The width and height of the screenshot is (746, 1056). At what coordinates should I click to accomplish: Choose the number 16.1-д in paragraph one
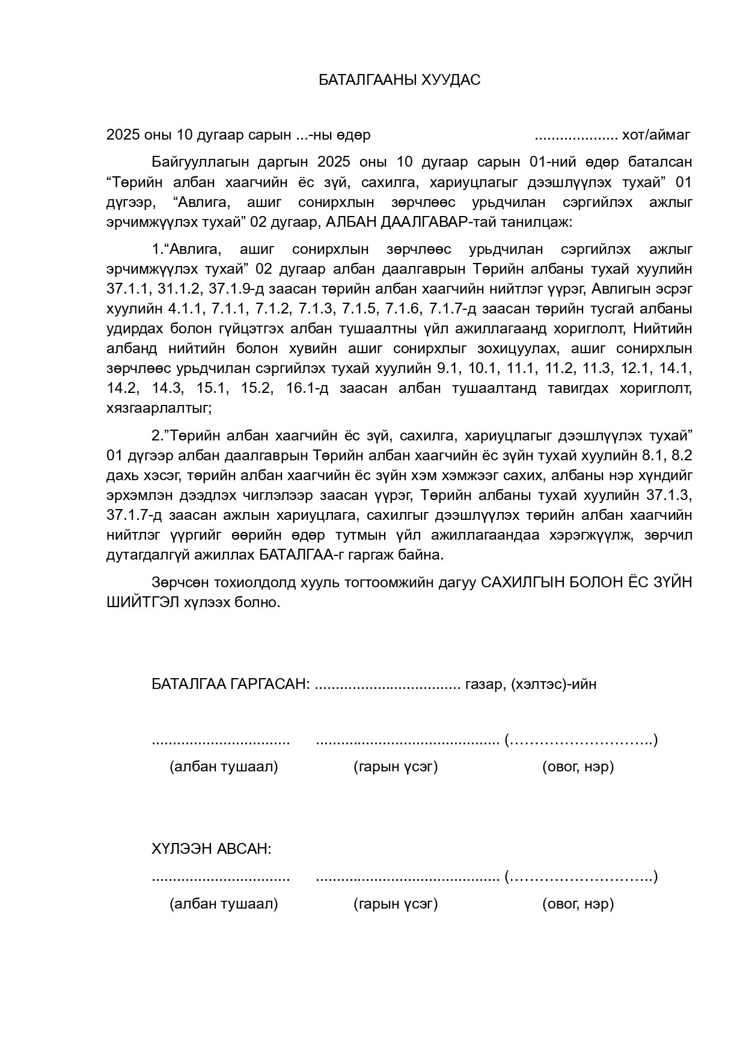coord(307,388)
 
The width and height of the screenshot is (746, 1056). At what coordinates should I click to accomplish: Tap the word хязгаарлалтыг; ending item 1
coord(159,409)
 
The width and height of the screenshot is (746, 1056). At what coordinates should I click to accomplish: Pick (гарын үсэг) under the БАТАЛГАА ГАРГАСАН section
coord(396,767)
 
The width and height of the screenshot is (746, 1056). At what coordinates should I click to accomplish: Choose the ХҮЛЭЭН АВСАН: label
coord(211,849)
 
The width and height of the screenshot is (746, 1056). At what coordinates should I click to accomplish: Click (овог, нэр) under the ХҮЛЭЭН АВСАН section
coord(578,904)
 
